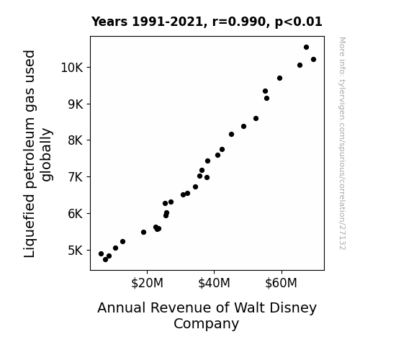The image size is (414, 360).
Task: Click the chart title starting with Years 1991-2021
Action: tap(207, 22)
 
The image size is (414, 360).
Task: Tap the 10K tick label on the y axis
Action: tap(72, 68)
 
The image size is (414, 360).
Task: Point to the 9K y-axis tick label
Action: tap(76, 104)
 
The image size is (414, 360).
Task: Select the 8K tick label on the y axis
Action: tap(76, 140)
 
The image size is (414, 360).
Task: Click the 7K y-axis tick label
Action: tap(76, 176)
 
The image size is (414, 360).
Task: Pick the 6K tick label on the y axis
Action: tap(76, 213)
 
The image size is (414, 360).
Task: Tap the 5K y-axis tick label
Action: tap(76, 250)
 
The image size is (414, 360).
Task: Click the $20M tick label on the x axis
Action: tap(147, 284)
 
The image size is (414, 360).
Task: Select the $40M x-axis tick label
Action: tap(214, 284)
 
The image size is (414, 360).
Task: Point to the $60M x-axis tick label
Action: tap(282, 284)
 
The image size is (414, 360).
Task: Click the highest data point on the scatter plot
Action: tap(306, 48)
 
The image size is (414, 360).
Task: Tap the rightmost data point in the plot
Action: tap(313, 60)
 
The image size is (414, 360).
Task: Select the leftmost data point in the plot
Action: tap(101, 254)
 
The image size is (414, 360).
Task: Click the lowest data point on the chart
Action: tap(105, 260)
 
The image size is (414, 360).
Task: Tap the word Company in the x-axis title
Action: tap(206, 324)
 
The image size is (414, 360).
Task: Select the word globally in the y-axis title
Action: tap(48, 155)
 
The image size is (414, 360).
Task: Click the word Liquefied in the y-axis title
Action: tap(30, 226)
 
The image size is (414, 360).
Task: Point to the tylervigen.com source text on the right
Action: tap(343, 143)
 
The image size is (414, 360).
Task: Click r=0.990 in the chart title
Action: tap(239, 22)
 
